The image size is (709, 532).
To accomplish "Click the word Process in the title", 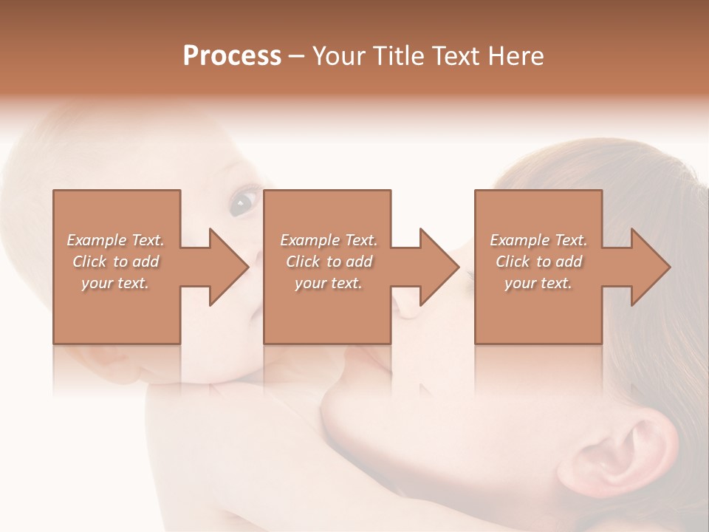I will pyautogui.click(x=232, y=56).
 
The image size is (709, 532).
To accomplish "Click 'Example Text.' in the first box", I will pyautogui.click(x=115, y=240).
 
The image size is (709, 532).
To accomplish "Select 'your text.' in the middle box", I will pyautogui.click(x=328, y=283).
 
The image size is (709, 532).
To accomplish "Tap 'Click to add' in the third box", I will pyautogui.click(x=538, y=262).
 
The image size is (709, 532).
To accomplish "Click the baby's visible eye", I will pyautogui.click(x=243, y=201).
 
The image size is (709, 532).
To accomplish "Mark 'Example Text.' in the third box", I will pyautogui.click(x=538, y=240).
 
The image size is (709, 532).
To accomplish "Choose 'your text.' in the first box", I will pyautogui.click(x=115, y=283).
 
